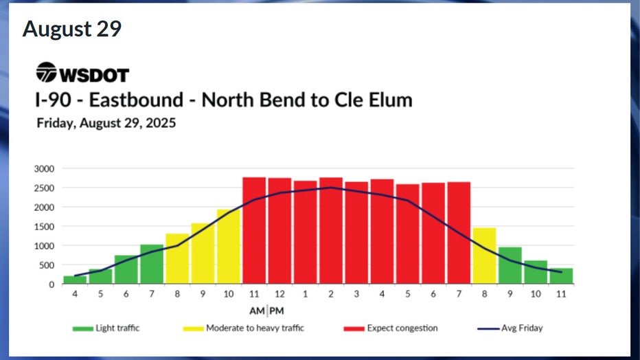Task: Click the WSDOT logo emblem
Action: coord(47,72)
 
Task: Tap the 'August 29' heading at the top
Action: coord(72,29)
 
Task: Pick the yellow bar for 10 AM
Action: coord(228,247)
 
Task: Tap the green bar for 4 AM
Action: coord(75,280)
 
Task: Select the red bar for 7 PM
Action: coord(459,233)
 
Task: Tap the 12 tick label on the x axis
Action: coord(279,293)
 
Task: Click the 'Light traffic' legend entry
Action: coord(106,328)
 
